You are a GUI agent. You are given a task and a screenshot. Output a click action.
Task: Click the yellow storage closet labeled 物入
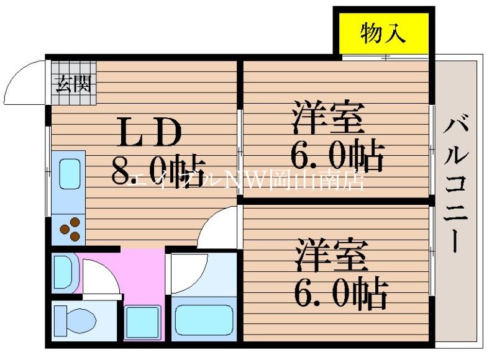383,34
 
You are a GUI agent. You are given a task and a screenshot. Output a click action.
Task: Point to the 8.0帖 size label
158,168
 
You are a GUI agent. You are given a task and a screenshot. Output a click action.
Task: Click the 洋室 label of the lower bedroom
332,254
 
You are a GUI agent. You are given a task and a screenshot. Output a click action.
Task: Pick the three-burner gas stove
70,228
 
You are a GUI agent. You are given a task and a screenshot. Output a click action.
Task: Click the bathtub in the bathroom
203,320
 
